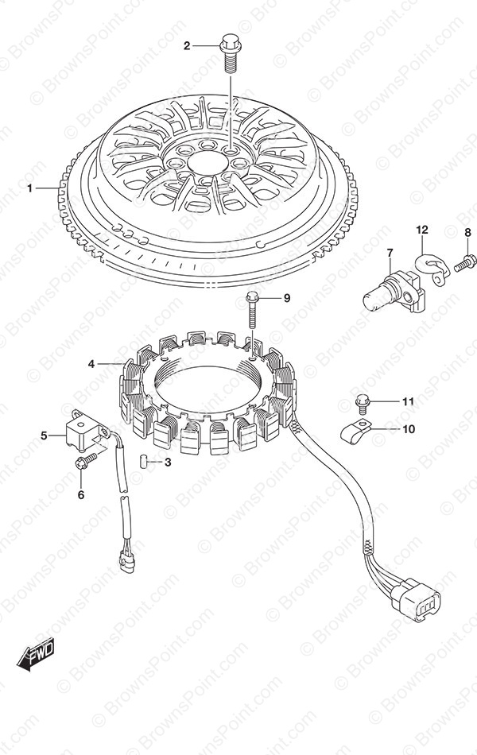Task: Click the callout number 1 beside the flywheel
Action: pos(30,188)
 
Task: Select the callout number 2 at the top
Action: pos(187,46)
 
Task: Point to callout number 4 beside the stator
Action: pos(91,365)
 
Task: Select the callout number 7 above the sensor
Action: pos(390,252)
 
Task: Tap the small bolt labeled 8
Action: pos(463,263)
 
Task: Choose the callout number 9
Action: pos(287,299)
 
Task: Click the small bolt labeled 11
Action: pos(362,402)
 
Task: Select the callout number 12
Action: pos(422,230)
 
